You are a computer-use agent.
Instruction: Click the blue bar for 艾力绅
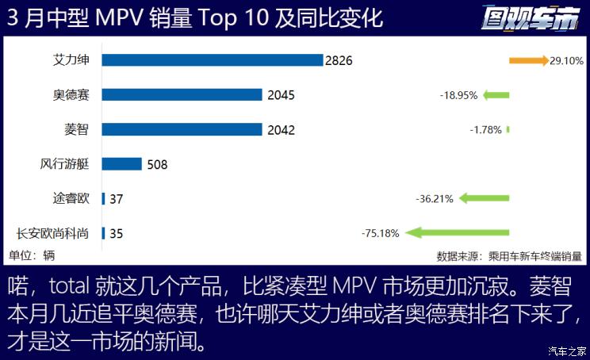(x=213, y=59)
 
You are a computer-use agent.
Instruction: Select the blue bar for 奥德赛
(x=182, y=94)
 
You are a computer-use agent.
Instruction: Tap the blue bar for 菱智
(x=182, y=129)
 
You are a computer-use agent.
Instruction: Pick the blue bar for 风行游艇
(x=121, y=164)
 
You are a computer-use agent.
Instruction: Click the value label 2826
(x=338, y=60)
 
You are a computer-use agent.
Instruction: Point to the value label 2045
(x=281, y=95)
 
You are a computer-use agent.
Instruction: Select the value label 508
(x=157, y=165)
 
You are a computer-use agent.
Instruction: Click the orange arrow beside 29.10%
(x=528, y=60)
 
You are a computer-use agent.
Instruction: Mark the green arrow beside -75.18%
(x=456, y=233)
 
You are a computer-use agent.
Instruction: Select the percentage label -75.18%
(x=380, y=234)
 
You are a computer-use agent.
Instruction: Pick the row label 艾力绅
(x=71, y=59)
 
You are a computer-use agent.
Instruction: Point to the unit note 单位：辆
(x=33, y=255)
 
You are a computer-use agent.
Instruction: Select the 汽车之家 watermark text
(x=568, y=351)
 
